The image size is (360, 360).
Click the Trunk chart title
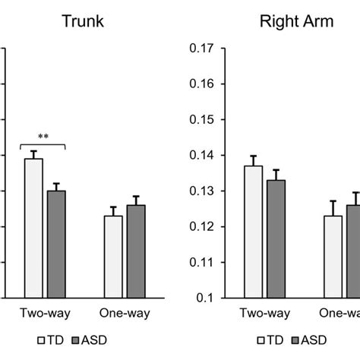83,21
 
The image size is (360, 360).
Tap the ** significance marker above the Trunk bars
43,137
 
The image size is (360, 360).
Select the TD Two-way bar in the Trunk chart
33,228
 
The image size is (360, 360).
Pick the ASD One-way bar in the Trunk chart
136,251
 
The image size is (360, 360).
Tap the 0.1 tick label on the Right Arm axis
205,298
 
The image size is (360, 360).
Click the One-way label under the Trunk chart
125,313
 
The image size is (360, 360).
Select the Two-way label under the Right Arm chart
265,313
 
